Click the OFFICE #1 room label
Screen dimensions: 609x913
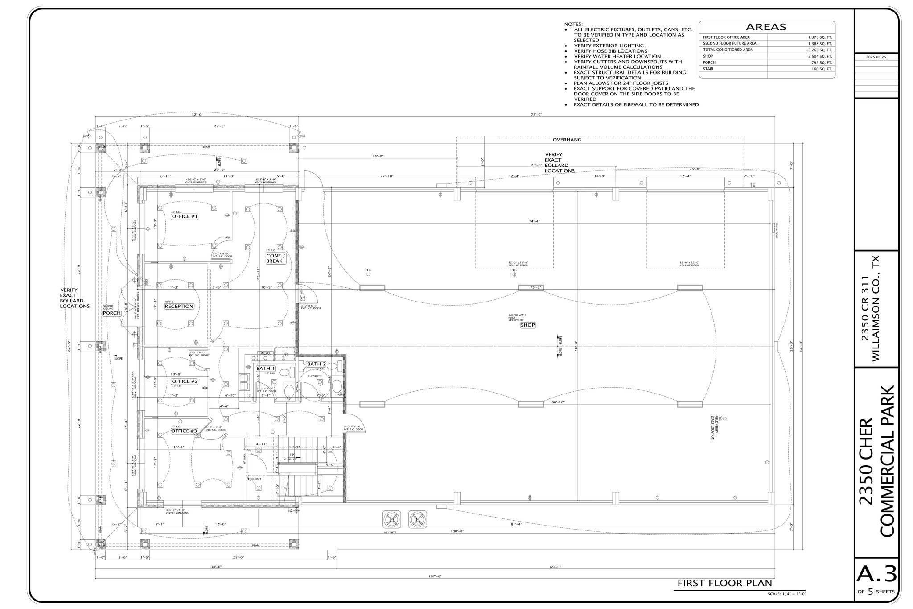(x=185, y=216)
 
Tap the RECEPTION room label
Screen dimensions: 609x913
(x=179, y=306)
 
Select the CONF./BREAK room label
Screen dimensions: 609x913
(x=274, y=258)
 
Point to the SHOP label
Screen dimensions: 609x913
(x=527, y=325)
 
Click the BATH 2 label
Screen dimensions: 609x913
(x=316, y=364)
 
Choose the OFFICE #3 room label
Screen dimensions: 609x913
(x=184, y=431)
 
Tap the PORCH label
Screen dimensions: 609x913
(x=112, y=313)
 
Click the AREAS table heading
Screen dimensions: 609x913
(x=766, y=27)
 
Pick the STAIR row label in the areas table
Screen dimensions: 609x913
(x=708, y=69)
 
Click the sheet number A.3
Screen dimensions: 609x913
(x=876, y=575)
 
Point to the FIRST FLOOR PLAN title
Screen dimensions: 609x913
(x=724, y=583)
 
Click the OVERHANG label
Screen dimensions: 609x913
(x=567, y=140)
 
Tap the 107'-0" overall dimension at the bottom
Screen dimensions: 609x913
(x=435, y=576)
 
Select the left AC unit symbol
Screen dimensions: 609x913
(x=391, y=519)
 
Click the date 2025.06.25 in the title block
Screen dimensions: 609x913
(x=876, y=57)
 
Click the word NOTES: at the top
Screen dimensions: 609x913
(x=573, y=24)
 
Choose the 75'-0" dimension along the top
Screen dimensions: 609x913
(x=536, y=115)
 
